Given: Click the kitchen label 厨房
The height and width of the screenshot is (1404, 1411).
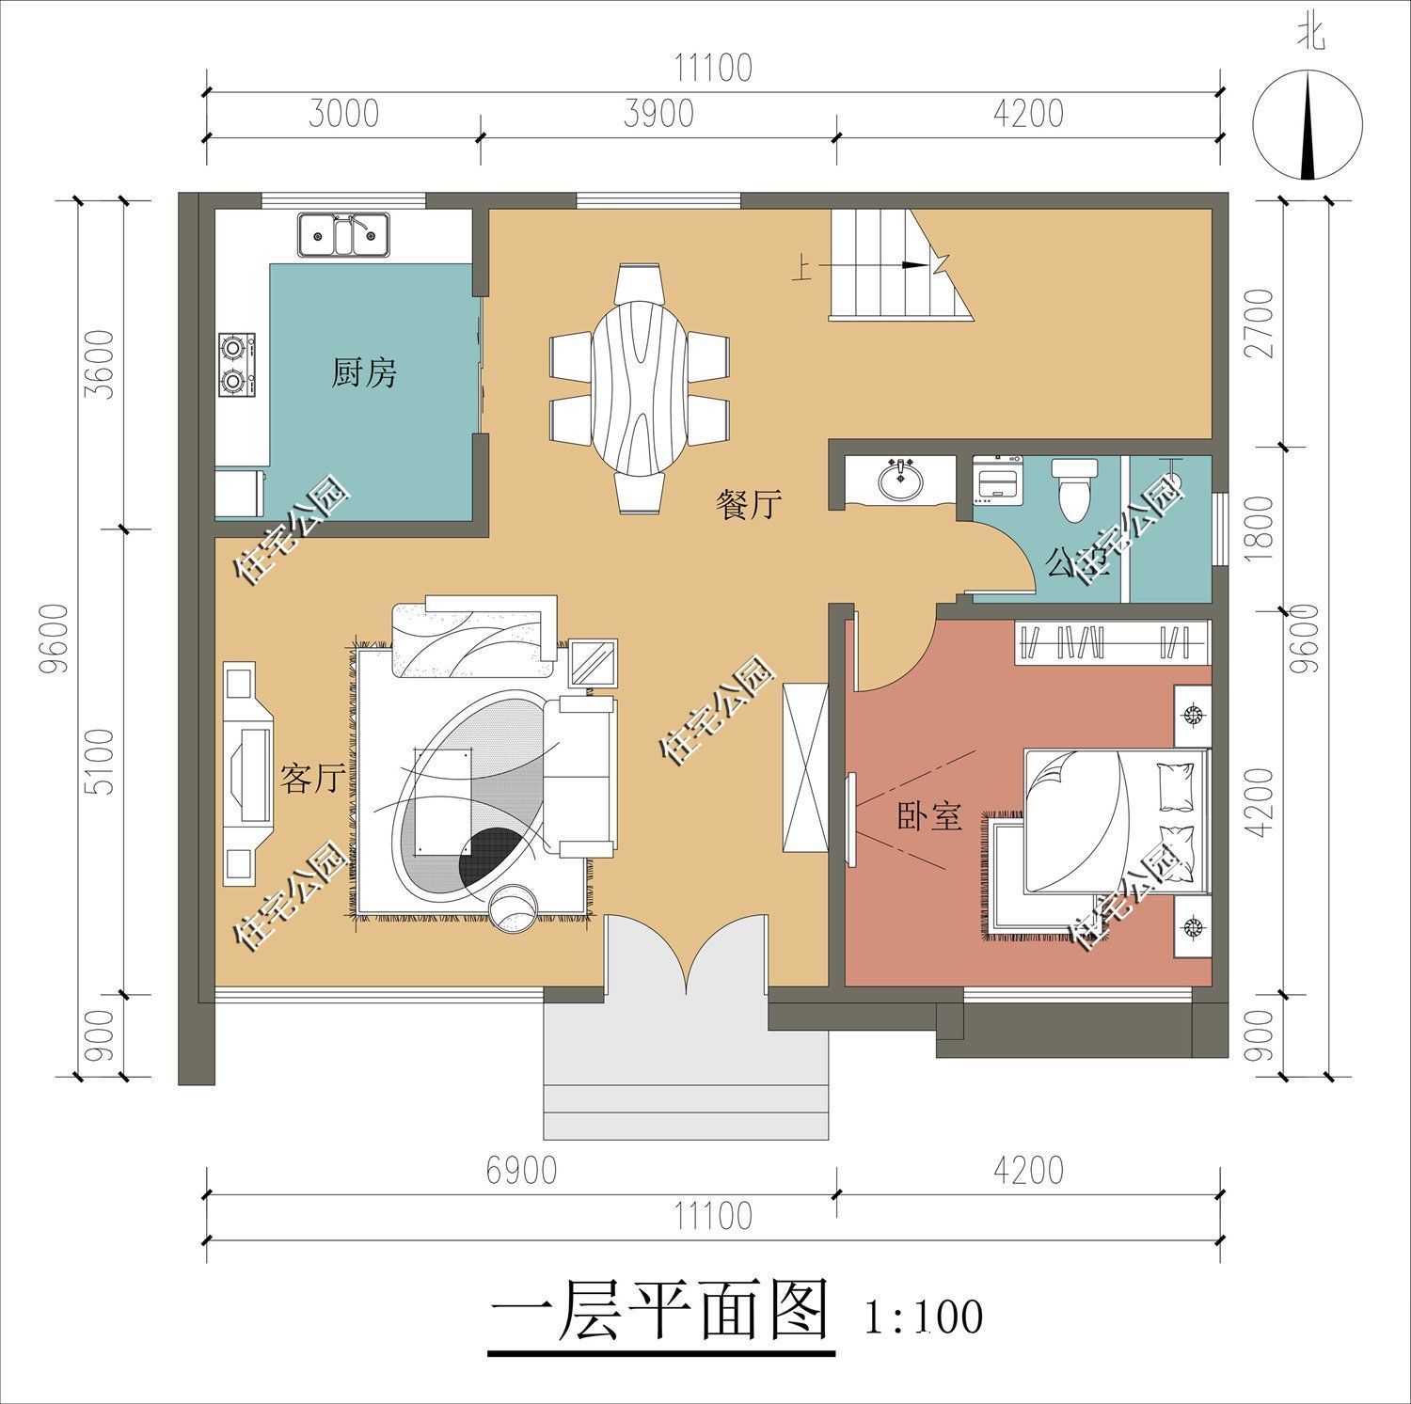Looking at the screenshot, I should pyautogui.click(x=363, y=373).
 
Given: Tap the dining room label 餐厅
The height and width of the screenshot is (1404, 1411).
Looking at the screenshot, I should pyautogui.click(x=749, y=505).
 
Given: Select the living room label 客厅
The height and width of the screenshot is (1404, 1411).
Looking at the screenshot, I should pyautogui.click(x=309, y=778).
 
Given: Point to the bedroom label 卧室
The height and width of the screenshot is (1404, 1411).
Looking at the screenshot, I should pyautogui.click(x=928, y=817).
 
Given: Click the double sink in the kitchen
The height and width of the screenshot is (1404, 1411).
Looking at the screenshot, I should pyautogui.click(x=344, y=235).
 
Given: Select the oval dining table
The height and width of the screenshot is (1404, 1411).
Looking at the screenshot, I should pyautogui.click(x=640, y=387).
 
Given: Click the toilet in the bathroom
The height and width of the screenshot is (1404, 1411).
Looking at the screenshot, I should pyautogui.click(x=1072, y=486).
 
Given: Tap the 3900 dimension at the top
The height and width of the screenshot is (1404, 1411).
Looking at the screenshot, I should pyautogui.click(x=658, y=114).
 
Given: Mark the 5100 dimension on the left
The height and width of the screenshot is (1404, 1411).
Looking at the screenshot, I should pyautogui.click(x=103, y=761).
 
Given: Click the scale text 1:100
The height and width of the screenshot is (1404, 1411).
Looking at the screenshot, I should pyautogui.click(x=923, y=1317).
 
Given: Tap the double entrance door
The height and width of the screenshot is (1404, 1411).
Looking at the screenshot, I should pyautogui.click(x=688, y=954).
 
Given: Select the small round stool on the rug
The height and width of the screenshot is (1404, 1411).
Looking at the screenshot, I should pyautogui.click(x=514, y=909).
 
